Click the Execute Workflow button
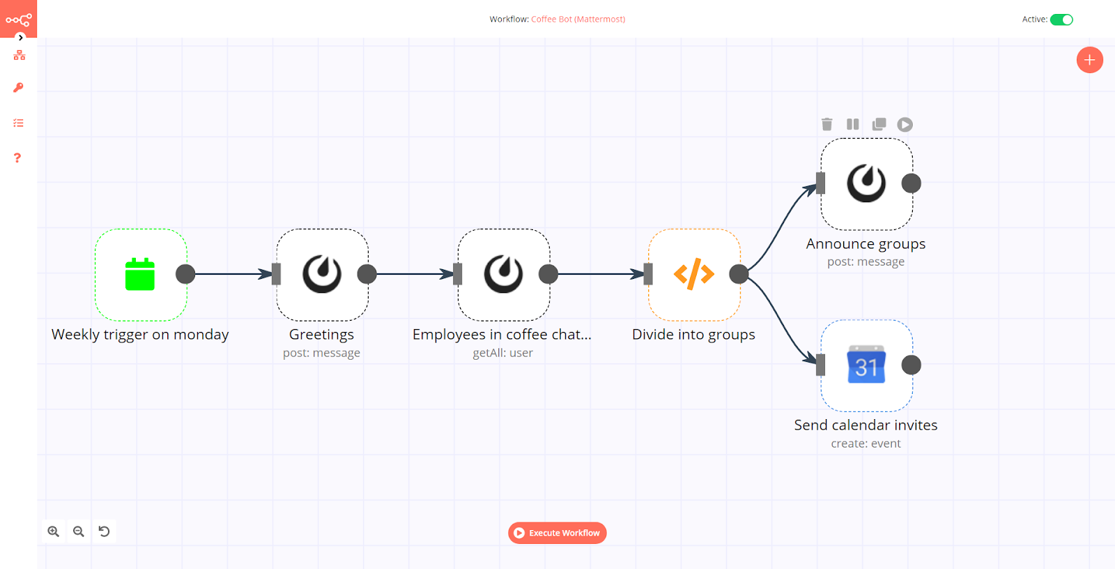(x=557, y=533)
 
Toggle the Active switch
(x=1061, y=20)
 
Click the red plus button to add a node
(x=1089, y=60)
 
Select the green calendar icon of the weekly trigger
(x=140, y=274)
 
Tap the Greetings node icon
(x=322, y=274)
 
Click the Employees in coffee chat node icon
(x=503, y=274)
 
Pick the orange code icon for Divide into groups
(x=693, y=274)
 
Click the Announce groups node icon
(x=866, y=183)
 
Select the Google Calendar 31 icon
(x=866, y=365)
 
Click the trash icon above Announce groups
(x=827, y=124)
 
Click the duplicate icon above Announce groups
(x=879, y=124)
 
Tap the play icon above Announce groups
(x=905, y=124)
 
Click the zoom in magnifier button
(x=54, y=531)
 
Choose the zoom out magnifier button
(x=79, y=531)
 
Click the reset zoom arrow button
(x=104, y=531)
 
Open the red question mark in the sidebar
(x=18, y=158)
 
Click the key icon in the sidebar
(x=18, y=88)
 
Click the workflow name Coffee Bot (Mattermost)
(x=578, y=20)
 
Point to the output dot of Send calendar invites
(x=911, y=365)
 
